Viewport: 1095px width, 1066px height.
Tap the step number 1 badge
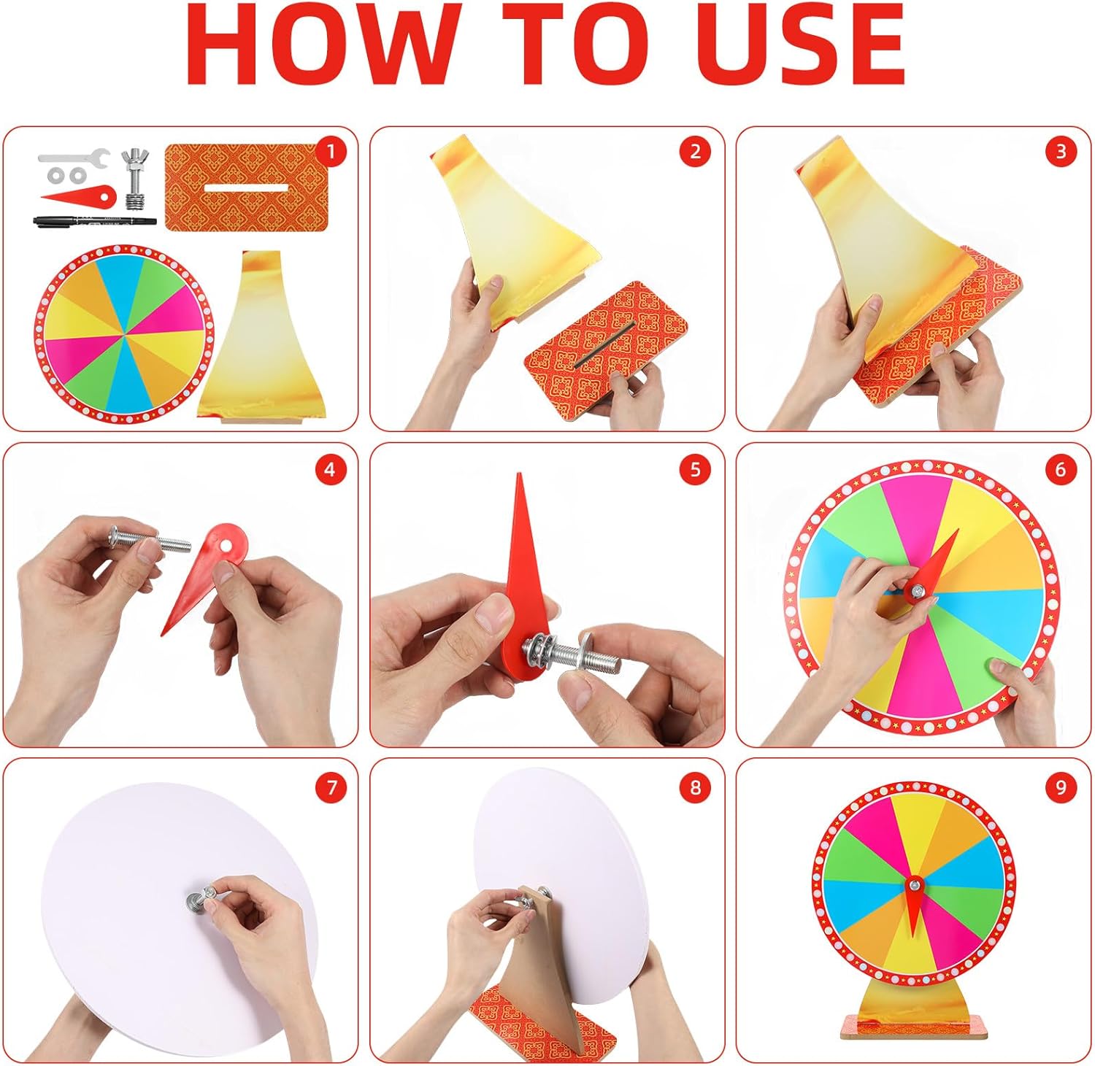331,152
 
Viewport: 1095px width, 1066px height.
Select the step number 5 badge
695,469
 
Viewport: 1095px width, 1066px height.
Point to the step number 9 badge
1061,787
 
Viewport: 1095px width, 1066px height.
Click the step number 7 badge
331,787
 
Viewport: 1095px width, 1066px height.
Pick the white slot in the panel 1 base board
246,188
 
